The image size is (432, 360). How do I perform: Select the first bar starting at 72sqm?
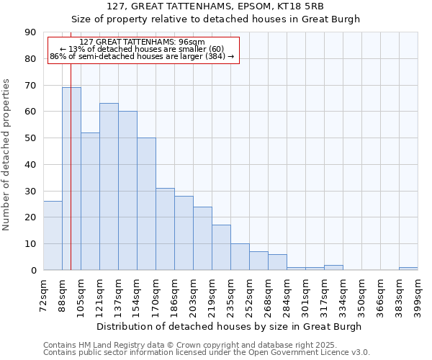pos(53,235)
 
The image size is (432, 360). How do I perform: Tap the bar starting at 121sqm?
pos(109,186)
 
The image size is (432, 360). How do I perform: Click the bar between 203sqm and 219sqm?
pos(202,238)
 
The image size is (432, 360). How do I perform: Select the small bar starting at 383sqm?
pos(408,269)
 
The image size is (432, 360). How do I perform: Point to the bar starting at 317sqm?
pos(333,268)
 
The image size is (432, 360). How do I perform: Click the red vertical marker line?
pos(71,144)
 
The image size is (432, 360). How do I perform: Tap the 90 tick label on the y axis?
pos(30,32)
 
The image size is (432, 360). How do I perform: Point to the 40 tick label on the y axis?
pos(30,165)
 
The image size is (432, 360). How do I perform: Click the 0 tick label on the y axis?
pos(32,271)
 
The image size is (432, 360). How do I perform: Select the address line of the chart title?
pos(215,6)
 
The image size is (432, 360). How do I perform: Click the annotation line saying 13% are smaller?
pos(142,49)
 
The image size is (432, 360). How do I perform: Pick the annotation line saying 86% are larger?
pos(142,56)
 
